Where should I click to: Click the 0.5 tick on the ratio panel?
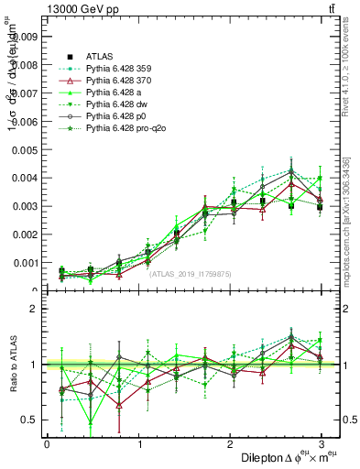(x=29, y=420)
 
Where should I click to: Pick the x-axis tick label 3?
(x=321, y=443)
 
